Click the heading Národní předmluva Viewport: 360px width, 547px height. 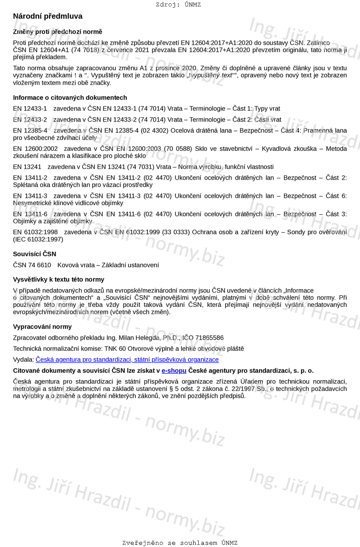(x=47, y=16)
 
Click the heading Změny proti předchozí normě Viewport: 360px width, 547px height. (x=57, y=32)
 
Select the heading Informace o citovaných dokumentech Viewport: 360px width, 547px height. (x=70, y=98)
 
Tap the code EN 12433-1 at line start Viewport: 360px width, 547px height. (x=30, y=109)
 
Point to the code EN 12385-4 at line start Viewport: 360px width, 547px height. (x=30, y=131)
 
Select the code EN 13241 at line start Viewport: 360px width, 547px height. (x=27, y=167)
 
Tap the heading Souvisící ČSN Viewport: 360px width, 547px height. (x=34, y=254)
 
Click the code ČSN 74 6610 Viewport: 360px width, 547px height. (x=32, y=265)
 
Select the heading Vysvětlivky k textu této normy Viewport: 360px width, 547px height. (x=59, y=280)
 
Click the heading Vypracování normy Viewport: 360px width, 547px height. (x=42, y=327)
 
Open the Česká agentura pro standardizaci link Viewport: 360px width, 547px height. (x=127, y=359)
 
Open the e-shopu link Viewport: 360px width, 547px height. (x=174, y=371)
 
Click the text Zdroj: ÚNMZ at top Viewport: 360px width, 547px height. (x=178, y=5)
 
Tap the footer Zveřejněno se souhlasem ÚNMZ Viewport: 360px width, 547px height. (x=180, y=543)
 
